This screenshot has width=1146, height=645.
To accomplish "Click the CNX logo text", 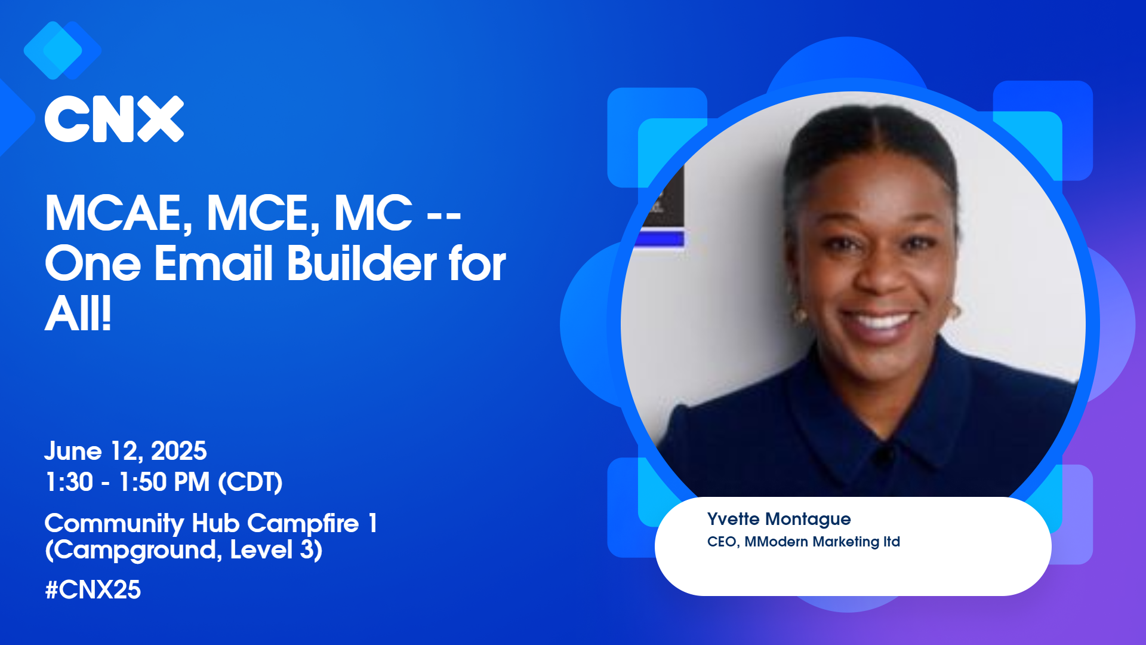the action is pos(114,119).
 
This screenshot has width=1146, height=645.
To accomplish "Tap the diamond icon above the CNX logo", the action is pos(62,51).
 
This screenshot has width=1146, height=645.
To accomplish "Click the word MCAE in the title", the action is pos(119,213).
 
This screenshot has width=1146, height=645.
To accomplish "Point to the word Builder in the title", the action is pos(362,263).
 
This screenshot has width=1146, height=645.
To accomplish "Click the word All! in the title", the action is pos(78,314).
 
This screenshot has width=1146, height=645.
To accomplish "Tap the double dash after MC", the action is pos(444,215).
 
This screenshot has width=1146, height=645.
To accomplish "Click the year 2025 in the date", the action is pos(178,451).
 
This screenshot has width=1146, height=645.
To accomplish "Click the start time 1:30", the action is pos(69,482).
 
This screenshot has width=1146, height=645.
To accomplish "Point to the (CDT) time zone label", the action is pos(250,483).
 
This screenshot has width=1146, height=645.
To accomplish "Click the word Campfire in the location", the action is pos(303,523).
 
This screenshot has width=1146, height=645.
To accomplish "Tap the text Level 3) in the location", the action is pos(276,550).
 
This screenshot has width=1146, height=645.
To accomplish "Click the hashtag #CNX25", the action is pos(93,590).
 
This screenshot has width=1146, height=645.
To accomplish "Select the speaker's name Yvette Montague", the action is pos(779,519).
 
